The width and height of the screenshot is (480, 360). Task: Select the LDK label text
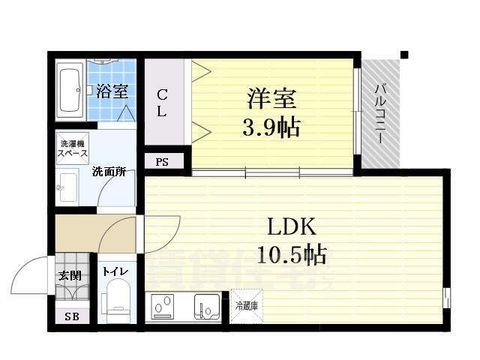click(292, 226)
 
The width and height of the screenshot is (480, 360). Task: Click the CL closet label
click(162, 103)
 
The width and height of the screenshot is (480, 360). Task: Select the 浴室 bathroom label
click(113, 92)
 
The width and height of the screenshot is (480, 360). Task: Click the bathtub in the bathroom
click(70, 91)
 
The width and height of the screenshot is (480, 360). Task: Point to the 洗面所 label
click(109, 172)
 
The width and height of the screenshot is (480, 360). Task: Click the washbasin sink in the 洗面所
click(69, 187)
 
